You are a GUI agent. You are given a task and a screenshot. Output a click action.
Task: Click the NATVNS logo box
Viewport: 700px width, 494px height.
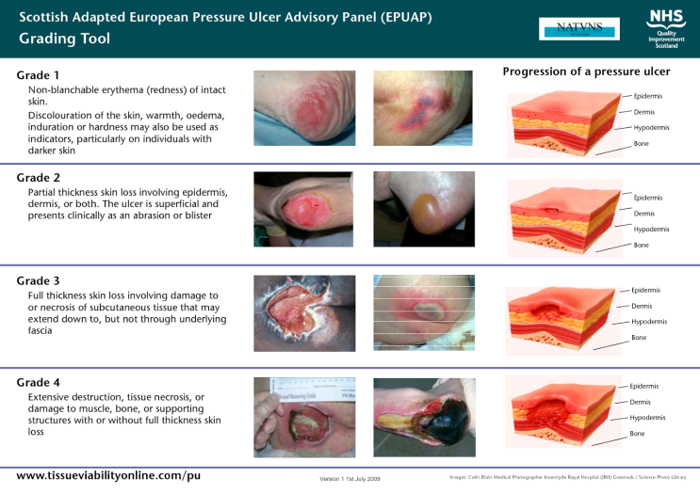tap(579, 28)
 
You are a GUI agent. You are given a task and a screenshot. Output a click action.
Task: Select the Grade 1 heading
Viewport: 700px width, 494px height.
tap(38, 74)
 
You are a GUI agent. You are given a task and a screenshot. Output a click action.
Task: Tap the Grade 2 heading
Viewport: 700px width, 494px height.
tap(39, 177)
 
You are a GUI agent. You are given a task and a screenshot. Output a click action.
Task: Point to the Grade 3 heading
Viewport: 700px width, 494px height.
tap(39, 280)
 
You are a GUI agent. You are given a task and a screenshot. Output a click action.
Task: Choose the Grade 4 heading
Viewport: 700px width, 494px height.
tap(39, 382)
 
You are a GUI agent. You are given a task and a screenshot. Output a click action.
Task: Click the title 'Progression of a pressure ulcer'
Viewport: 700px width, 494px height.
tap(586, 72)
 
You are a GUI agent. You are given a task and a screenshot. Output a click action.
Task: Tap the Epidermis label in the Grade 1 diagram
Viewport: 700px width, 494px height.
tap(647, 96)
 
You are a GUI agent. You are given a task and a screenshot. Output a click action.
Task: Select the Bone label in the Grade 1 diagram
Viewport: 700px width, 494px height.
tap(642, 143)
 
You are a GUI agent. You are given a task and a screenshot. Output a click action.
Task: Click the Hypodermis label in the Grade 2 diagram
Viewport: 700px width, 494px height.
tap(651, 229)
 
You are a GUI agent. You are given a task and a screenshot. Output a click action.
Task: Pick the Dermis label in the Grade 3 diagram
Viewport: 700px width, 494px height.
tap(641, 306)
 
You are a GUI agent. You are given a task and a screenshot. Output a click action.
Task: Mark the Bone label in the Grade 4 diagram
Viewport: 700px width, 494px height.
tap(638, 434)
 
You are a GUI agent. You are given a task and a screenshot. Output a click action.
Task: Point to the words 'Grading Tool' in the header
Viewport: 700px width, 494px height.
tap(63, 39)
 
